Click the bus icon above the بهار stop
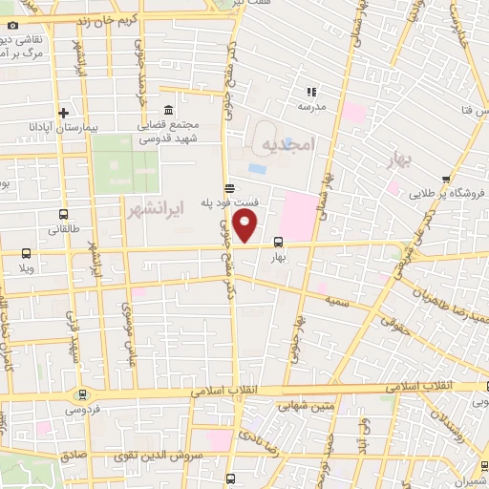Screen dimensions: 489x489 point(278,242)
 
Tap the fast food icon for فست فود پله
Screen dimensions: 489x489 point(228,188)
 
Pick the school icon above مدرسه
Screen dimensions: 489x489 point(311,92)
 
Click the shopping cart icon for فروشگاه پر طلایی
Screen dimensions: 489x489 point(446,179)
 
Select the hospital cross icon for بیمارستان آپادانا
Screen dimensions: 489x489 point(63,112)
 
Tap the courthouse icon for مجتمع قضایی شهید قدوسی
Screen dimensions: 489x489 point(168,109)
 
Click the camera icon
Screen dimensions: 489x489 point(11,23)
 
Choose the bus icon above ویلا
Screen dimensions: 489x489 point(26,254)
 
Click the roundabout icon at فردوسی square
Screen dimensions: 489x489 point(81,393)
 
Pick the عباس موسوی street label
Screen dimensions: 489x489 point(130,334)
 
